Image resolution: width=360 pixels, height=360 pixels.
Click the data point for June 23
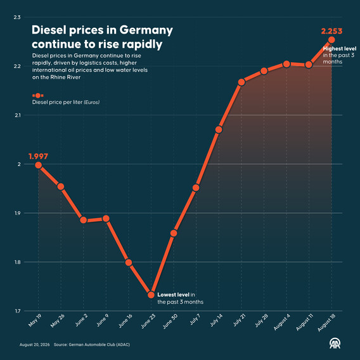(151, 295)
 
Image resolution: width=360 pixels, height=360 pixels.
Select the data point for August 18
(331, 40)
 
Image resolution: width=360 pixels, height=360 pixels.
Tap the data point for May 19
(38, 165)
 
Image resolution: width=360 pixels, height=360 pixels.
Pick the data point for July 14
(219, 129)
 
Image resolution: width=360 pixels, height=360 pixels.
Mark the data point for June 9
(106, 218)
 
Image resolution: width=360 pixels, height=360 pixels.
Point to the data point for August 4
(286, 64)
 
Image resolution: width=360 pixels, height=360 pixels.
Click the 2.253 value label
(331, 31)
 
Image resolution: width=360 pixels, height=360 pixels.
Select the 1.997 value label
(38, 157)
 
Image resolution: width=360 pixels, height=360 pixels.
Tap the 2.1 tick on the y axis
(18, 115)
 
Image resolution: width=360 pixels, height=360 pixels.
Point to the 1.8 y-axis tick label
(18, 262)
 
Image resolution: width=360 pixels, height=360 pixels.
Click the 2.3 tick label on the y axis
(17, 17)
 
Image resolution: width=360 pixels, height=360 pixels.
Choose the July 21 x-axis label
(239, 320)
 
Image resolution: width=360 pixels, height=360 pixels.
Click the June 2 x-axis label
(81, 320)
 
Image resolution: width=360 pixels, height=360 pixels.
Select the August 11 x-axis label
(304, 322)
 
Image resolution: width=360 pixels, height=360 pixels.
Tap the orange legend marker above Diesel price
(38, 95)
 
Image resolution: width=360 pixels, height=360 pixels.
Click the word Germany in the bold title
(146, 30)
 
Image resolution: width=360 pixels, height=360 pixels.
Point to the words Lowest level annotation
(173, 295)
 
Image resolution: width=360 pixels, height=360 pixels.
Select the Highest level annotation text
(340, 49)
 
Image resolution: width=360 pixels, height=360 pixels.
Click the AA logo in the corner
(335, 344)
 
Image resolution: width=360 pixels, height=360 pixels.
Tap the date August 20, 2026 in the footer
(35, 345)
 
